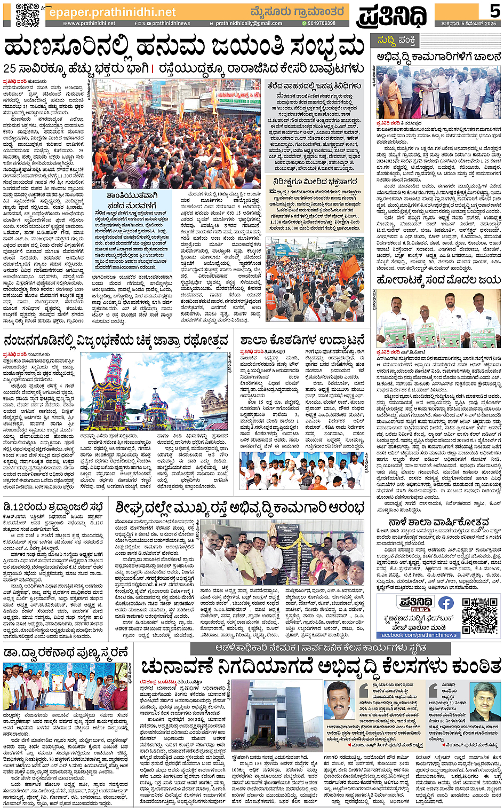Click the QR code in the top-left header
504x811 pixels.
click(x=27, y=14)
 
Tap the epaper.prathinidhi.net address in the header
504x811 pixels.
click(x=112, y=12)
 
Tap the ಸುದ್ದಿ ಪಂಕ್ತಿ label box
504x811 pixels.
click(x=397, y=40)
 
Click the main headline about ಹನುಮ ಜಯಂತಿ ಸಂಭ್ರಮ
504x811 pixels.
click(x=184, y=47)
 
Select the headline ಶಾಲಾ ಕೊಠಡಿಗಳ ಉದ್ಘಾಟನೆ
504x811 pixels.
click(x=302, y=340)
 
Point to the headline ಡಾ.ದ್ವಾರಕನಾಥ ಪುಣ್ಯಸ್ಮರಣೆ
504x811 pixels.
click(x=66, y=652)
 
